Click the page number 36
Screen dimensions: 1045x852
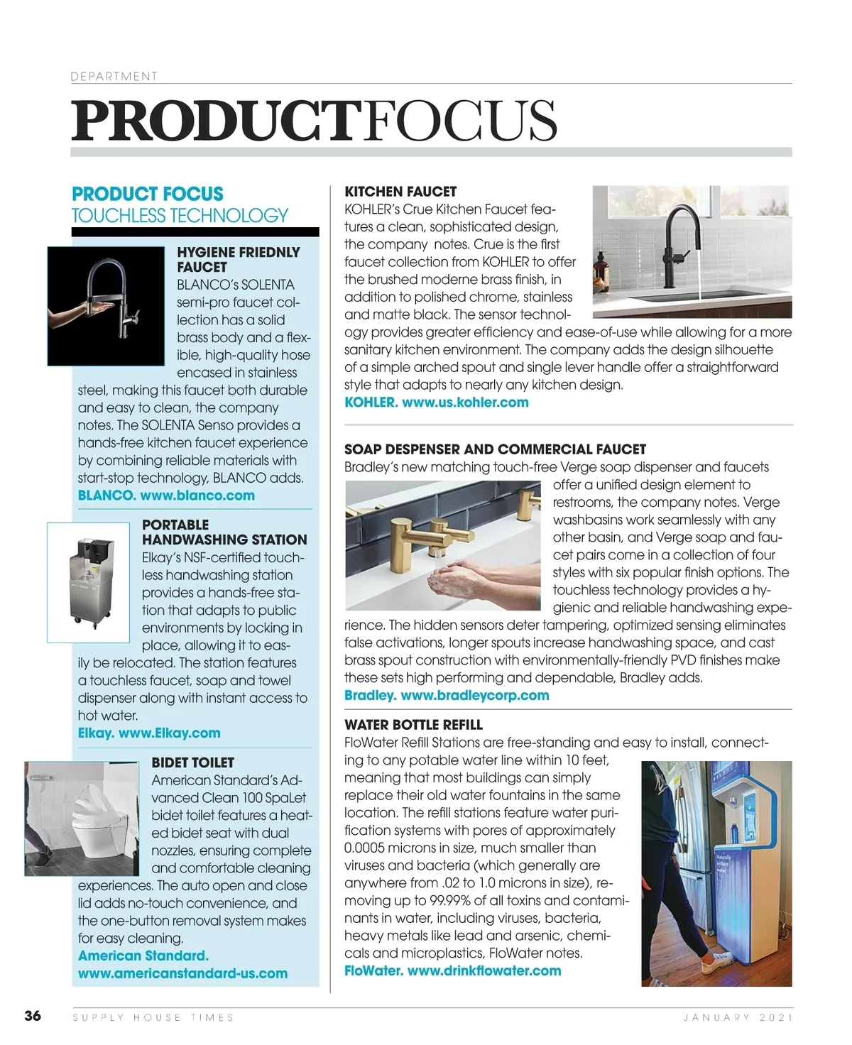[x=33, y=1016]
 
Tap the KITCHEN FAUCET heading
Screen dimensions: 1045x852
[x=400, y=192]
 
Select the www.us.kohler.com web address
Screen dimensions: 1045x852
[x=465, y=403]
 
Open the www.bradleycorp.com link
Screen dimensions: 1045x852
[x=474, y=695]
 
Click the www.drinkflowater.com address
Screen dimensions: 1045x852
[x=484, y=970]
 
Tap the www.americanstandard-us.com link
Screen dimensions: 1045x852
[x=182, y=973]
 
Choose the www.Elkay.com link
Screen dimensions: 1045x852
[x=169, y=733]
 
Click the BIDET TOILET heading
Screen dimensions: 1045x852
[x=192, y=762]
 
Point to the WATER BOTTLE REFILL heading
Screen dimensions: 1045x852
[x=413, y=725]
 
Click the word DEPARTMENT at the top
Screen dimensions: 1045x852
[x=114, y=76]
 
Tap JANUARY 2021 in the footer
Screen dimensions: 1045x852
[x=737, y=1017]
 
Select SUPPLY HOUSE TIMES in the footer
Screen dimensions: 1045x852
[x=153, y=1017]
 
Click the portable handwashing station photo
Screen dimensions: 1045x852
[x=89, y=582]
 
